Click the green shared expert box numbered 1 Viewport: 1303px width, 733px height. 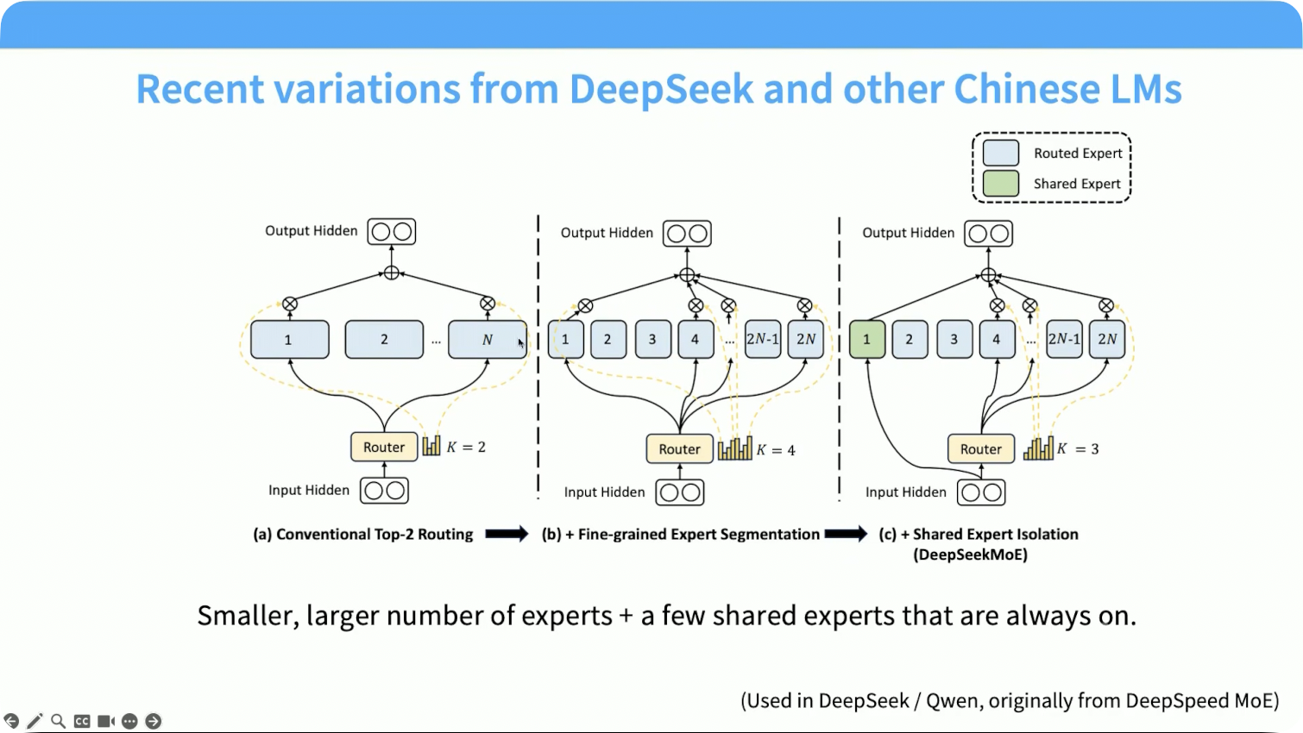pos(866,339)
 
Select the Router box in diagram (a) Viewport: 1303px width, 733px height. pos(384,447)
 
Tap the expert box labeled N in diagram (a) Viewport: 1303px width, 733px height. pos(488,339)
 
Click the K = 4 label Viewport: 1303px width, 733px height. pos(776,450)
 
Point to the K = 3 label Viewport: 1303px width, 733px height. pos(1078,448)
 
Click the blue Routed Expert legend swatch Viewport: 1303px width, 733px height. pos(1000,153)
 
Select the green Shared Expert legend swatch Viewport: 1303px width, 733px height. pos(1000,184)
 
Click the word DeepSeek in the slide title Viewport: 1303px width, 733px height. pos(661,88)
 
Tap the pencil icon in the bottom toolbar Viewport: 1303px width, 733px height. pos(35,722)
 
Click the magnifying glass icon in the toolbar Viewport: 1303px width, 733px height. pos(58,722)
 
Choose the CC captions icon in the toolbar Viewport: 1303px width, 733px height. pos(82,722)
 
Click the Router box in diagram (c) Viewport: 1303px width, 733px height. pos(981,448)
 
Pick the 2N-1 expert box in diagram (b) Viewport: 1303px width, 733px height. pos(763,339)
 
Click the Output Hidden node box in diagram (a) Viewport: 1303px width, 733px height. pos(392,231)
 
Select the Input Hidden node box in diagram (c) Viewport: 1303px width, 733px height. pos(981,492)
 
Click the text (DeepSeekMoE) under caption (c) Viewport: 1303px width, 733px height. pos(970,554)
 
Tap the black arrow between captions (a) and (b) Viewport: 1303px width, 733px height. pos(507,534)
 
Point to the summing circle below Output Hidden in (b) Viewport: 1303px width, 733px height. pos(687,275)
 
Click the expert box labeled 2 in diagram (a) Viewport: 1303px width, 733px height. pos(384,339)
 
